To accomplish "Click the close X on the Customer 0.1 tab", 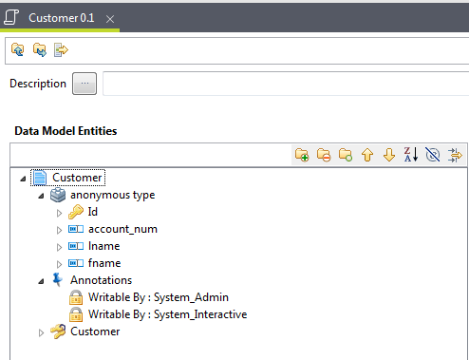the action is tap(110, 19).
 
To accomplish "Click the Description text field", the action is tap(285, 84).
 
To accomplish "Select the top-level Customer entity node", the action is tap(78, 178).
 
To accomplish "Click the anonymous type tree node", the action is tap(112, 195).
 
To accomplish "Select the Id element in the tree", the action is tap(92, 212).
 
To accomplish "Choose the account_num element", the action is tap(122, 229).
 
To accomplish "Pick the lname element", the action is tap(103, 246).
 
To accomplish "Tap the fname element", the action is tap(104, 263).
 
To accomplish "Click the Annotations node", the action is tap(101, 280).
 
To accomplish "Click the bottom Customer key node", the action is tap(95, 332).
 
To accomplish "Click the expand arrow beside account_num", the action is tap(59, 229).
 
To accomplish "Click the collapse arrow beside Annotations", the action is tap(41, 280).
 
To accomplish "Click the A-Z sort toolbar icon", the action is tap(410, 154).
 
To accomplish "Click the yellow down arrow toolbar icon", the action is tap(388, 154).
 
